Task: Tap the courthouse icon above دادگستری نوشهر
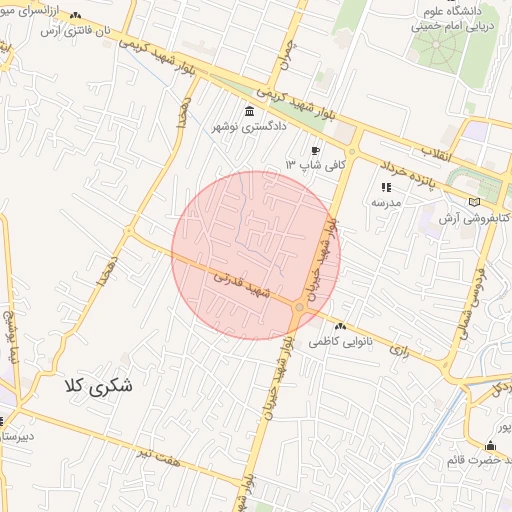click(x=248, y=111)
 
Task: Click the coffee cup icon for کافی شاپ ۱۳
click(x=316, y=150)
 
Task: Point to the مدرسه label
click(x=386, y=201)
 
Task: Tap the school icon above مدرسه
click(x=386, y=187)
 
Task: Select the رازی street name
click(x=402, y=350)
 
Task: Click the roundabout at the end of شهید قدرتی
click(x=299, y=307)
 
